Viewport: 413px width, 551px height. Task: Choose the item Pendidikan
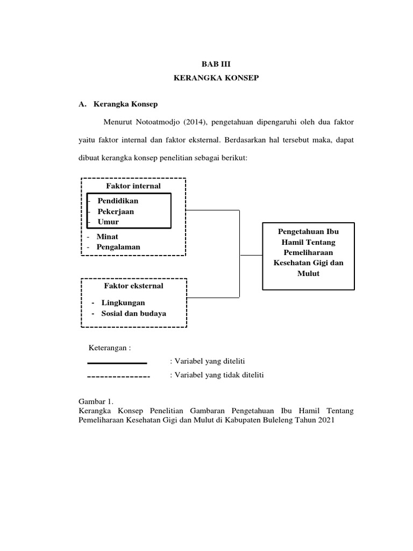point(118,201)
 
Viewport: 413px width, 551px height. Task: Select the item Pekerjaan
point(116,211)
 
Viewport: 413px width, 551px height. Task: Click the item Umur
point(108,222)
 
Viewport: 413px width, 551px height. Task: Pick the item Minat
point(107,236)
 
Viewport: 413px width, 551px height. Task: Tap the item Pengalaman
point(118,246)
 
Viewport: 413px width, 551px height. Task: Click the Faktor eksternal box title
point(134,286)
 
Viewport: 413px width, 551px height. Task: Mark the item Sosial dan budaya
point(133,313)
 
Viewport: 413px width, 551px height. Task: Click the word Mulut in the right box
point(309,273)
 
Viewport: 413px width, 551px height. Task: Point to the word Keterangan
point(109,348)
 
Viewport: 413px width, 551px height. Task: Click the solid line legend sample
point(117,363)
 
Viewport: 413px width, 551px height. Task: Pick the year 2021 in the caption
point(324,421)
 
